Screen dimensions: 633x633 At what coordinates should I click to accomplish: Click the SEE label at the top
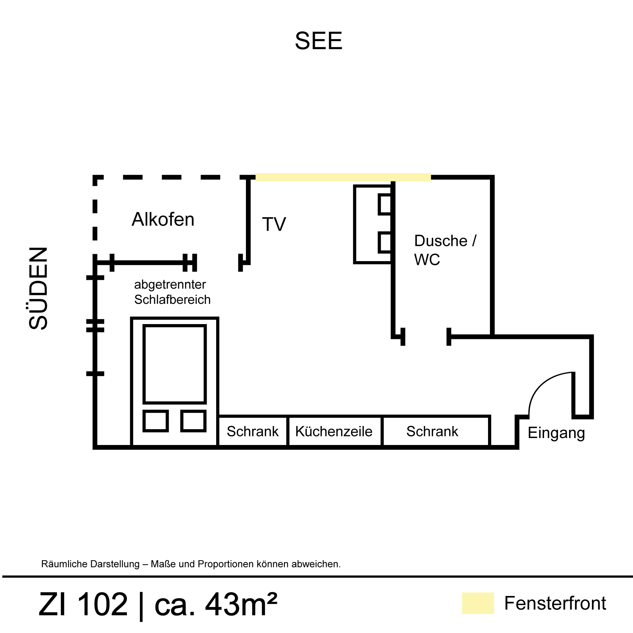[x=318, y=41]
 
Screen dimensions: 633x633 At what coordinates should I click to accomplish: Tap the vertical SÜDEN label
[x=39, y=288]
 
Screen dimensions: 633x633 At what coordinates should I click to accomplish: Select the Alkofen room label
[x=163, y=220]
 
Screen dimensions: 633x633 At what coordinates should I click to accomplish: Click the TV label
[x=274, y=224]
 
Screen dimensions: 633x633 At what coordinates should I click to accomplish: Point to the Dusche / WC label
[x=445, y=250]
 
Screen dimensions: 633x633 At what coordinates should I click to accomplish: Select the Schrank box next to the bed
[x=253, y=431]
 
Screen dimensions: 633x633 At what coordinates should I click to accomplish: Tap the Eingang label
[x=556, y=433]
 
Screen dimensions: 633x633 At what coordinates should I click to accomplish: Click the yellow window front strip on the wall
[x=343, y=177]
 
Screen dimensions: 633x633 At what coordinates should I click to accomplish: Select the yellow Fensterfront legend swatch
[x=478, y=603]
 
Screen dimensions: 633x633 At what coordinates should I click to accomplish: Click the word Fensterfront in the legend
[x=555, y=603]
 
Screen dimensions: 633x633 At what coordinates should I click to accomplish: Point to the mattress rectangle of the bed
[x=175, y=364]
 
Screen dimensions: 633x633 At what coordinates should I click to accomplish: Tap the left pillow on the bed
[x=156, y=421]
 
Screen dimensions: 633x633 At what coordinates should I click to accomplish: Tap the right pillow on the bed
[x=193, y=421]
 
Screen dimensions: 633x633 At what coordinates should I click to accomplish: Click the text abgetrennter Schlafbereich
[x=172, y=292]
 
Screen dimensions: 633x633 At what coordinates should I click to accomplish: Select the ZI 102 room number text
[x=83, y=604]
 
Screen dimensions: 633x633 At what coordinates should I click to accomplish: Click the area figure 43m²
[x=241, y=604]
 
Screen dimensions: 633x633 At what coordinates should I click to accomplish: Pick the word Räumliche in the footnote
[x=62, y=564]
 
